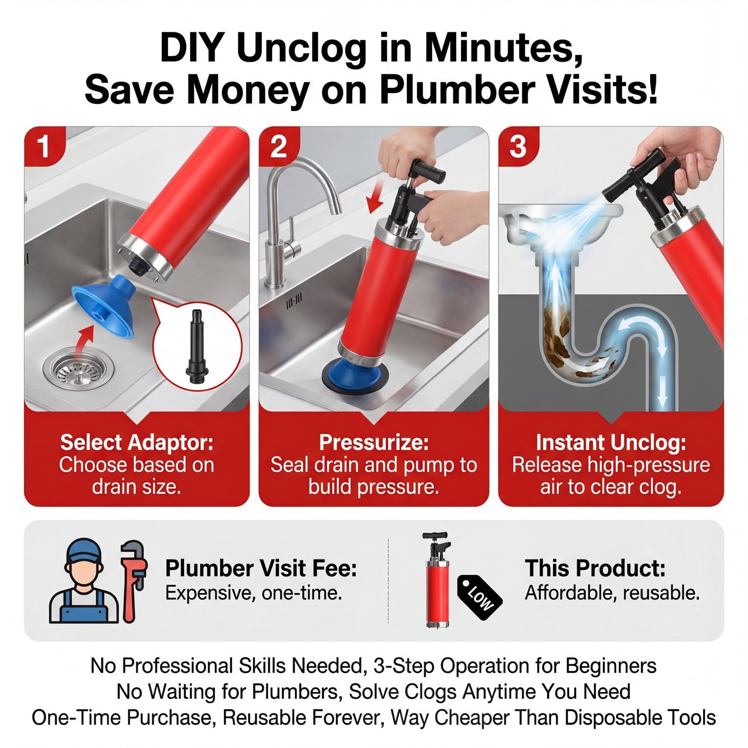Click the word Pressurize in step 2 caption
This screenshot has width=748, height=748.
pyautogui.click(x=373, y=442)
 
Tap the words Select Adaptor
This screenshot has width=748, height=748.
pyautogui.click(x=137, y=442)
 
